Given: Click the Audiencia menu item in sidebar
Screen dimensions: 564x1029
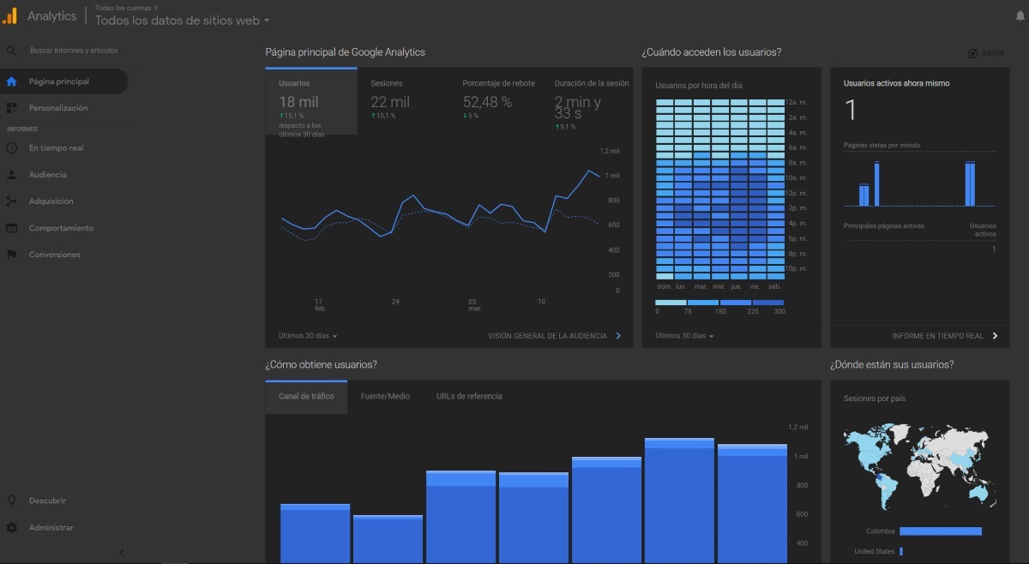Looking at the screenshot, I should pyautogui.click(x=47, y=175).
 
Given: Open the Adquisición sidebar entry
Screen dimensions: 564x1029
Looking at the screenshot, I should pyautogui.click(x=51, y=201).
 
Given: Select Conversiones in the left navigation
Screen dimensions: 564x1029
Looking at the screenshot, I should pyautogui.click(x=54, y=255).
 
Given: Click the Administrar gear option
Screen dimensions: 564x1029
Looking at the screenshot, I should pyautogui.click(x=51, y=528).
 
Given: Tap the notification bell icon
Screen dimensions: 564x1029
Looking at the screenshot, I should pyautogui.click(x=1020, y=15).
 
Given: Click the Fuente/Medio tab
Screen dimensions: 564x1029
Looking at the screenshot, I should pyautogui.click(x=385, y=397).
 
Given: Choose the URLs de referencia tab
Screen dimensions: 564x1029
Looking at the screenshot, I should pyautogui.click(x=469, y=397).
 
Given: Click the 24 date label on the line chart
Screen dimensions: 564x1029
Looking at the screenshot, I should pyautogui.click(x=395, y=302).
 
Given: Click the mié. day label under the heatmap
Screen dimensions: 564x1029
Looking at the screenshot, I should pyautogui.click(x=719, y=286).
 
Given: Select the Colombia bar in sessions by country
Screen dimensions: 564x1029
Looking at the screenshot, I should pyautogui.click(x=940, y=531).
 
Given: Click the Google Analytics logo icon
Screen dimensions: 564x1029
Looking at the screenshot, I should pyautogui.click(x=10, y=15).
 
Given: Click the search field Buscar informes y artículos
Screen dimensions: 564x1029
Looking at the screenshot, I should pyautogui.click(x=73, y=51).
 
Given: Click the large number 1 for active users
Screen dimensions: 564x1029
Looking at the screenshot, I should pyautogui.click(x=851, y=111).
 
